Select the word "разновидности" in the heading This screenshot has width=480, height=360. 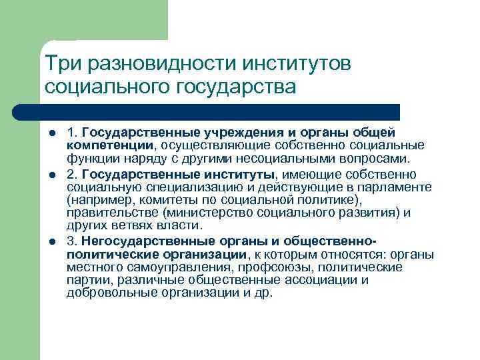[x=151, y=63]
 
